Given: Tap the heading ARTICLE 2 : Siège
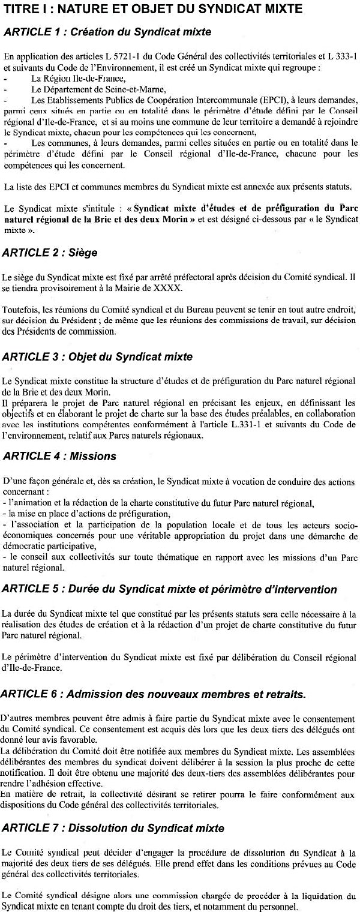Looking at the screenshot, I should coord(50,253).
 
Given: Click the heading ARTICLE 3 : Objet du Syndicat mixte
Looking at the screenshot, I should coord(97,356).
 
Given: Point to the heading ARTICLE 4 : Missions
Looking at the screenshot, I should coord(59,455).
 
